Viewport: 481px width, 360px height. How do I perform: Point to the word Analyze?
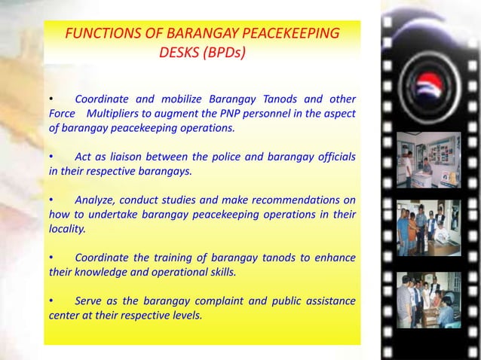(96, 200)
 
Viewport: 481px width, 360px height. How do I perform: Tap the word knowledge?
(101, 272)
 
